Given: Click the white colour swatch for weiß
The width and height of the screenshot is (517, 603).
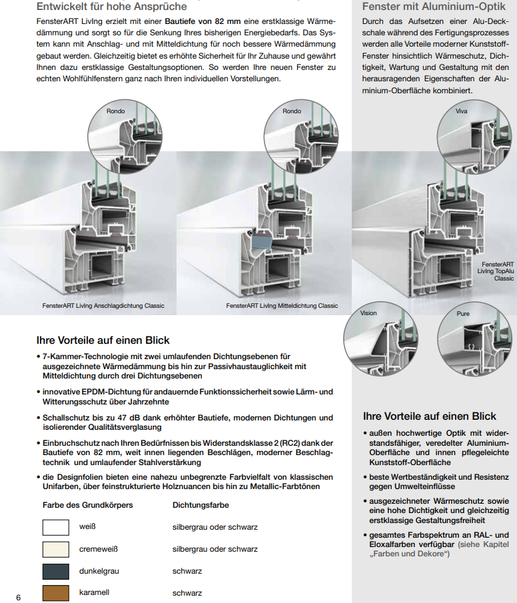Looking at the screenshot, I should click(x=56, y=527).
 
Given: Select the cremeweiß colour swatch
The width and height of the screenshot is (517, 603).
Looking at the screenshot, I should click(x=56, y=549).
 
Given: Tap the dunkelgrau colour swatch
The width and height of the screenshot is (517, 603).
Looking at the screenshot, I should click(x=56, y=571).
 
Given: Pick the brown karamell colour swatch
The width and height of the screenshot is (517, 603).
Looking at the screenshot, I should click(x=56, y=592).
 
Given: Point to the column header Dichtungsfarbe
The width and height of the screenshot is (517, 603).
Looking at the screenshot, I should click(x=201, y=505).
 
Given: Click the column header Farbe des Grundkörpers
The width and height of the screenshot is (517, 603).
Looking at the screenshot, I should click(x=88, y=505).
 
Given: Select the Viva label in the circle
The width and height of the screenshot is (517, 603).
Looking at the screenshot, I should click(x=462, y=111).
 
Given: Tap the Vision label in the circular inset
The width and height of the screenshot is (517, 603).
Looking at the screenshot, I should click(x=368, y=313).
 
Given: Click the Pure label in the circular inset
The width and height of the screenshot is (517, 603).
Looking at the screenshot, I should click(x=463, y=313).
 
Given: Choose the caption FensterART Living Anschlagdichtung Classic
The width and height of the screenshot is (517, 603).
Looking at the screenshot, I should click(x=103, y=306).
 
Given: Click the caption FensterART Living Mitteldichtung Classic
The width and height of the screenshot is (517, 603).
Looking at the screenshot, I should click(x=282, y=306).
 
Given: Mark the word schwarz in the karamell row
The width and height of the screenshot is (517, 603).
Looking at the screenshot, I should click(x=187, y=592).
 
